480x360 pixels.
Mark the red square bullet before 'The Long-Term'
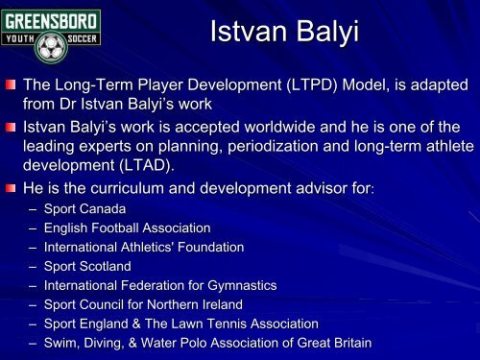coord(11,84)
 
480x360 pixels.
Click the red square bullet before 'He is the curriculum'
coord(11,186)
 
